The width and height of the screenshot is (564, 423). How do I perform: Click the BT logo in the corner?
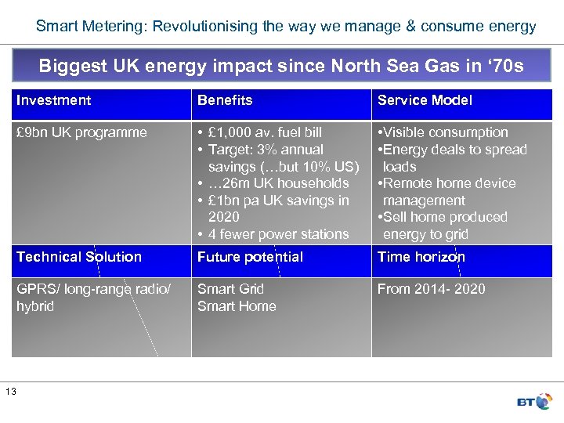click(x=534, y=401)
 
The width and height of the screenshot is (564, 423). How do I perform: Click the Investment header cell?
click(x=53, y=100)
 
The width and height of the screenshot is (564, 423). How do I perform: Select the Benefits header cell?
click(x=225, y=100)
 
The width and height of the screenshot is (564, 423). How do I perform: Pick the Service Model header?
click(x=425, y=100)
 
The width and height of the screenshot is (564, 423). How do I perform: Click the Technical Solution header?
click(x=78, y=257)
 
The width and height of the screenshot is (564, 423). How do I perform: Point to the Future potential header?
click(x=250, y=257)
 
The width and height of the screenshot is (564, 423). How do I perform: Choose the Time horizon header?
click(x=421, y=257)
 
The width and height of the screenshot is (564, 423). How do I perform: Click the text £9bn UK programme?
click(x=81, y=132)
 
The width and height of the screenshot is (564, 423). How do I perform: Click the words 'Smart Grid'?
click(x=230, y=289)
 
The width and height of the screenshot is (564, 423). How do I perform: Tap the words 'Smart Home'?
click(x=237, y=306)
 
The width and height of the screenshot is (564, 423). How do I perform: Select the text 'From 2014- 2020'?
click(x=431, y=289)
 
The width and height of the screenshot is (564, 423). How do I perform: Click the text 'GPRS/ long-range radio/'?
click(x=92, y=289)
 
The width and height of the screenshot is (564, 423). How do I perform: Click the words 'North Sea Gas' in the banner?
click(x=369, y=65)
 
